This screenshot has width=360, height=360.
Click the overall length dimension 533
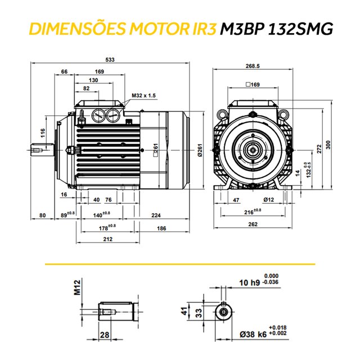[111, 60]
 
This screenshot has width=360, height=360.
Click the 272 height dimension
[319, 148]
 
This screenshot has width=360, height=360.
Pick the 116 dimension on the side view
[43, 134]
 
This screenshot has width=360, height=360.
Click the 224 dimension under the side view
[156, 215]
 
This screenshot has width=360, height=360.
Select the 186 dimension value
[161, 228]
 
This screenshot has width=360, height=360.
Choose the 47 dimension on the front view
[236, 200]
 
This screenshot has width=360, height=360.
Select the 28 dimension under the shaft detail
[104, 335]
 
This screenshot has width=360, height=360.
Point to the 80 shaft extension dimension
[42, 215]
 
